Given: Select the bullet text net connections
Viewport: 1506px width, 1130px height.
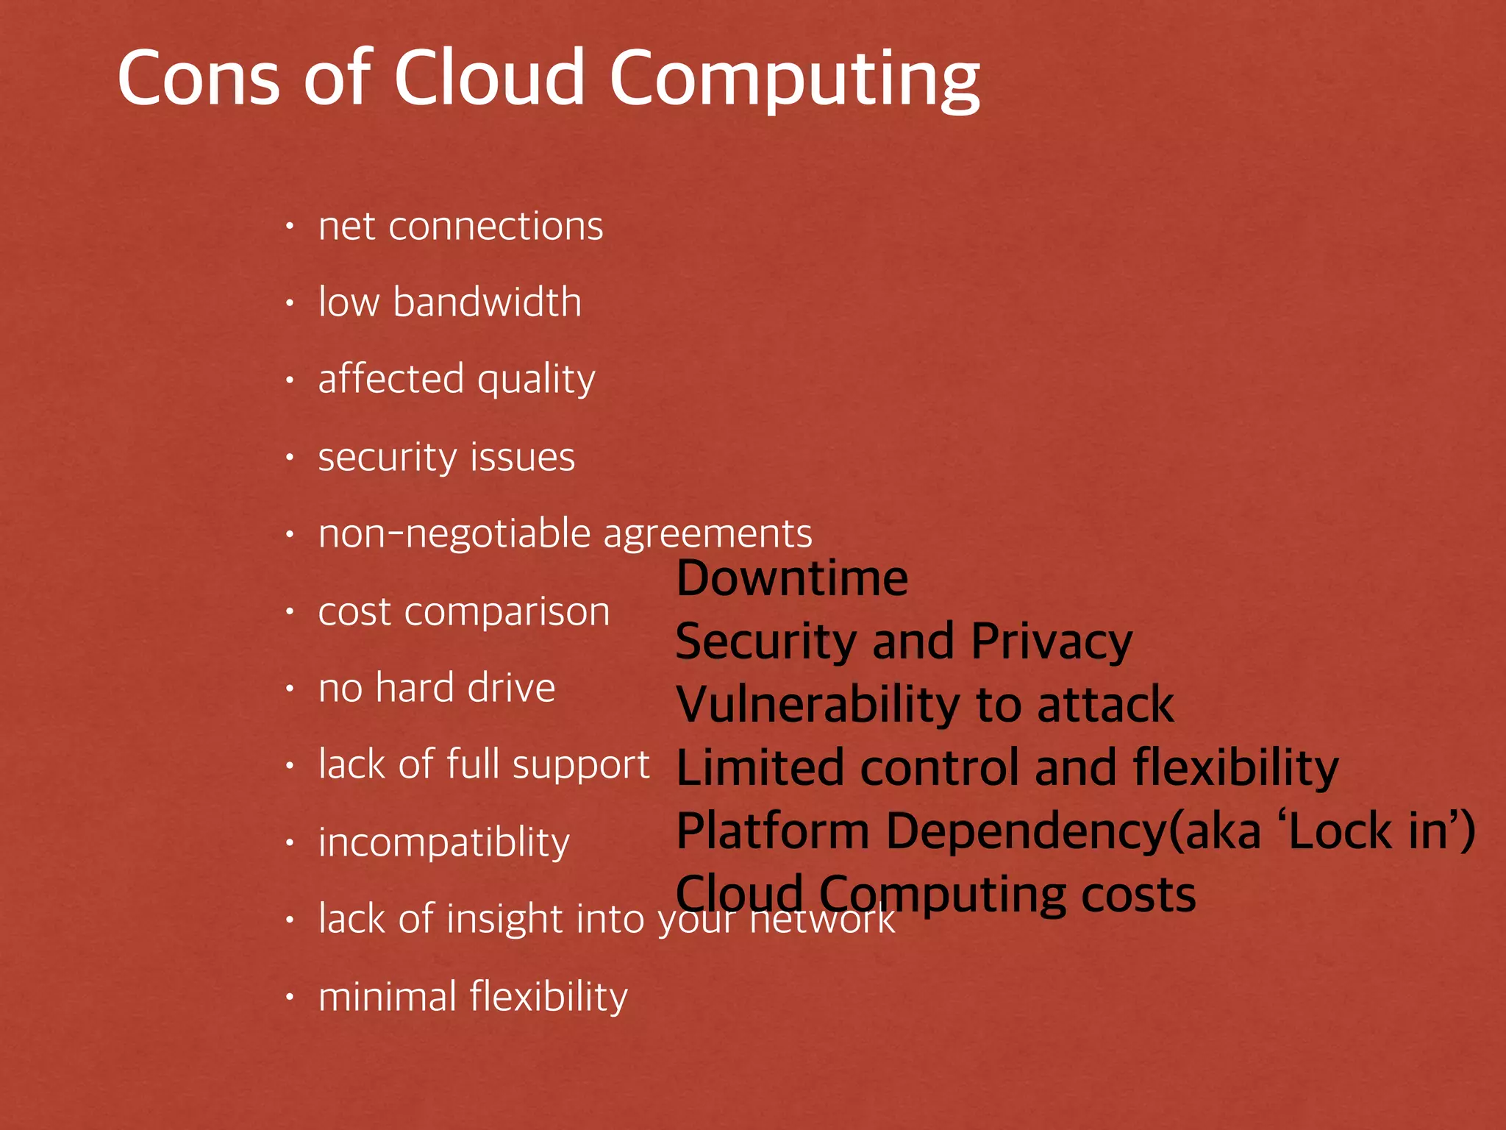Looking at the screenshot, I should [x=460, y=226].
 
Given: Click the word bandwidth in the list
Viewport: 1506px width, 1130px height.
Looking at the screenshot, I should [x=487, y=302].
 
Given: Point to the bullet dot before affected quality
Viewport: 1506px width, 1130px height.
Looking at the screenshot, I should [x=290, y=380].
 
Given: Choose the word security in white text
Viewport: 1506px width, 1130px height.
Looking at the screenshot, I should [x=387, y=458].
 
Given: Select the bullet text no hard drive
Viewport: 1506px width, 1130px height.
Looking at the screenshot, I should [x=436, y=688].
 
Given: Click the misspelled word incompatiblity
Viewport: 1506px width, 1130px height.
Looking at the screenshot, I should [x=443, y=842].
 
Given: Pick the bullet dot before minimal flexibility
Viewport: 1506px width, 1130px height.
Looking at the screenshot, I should [x=290, y=998].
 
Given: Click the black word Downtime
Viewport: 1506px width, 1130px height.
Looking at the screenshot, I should [x=792, y=578].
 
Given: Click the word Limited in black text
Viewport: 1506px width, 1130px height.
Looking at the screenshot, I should [x=760, y=767].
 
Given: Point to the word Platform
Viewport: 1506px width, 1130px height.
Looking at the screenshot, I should [x=773, y=831].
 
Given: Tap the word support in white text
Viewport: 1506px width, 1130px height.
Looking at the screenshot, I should [x=581, y=765].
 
